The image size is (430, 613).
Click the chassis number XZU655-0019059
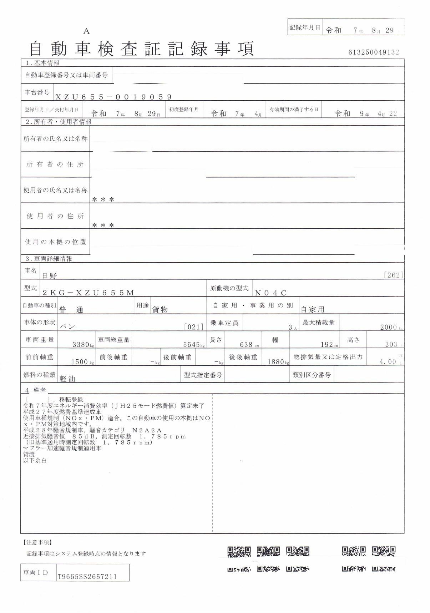point(113,97)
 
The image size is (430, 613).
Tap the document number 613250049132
point(374,52)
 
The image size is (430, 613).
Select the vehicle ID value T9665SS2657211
point(87,576)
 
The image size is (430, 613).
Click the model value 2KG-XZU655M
point(88,293)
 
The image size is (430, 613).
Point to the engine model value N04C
point(271,293)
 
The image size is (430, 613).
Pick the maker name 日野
point(50,276)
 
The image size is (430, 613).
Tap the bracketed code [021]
point(193,327)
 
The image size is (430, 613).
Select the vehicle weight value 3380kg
point(83,345)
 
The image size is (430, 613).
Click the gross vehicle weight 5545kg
point(194,345)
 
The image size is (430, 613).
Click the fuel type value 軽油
point(67,379)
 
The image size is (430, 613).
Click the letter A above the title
point(86,31)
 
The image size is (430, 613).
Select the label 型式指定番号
point(203,375)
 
